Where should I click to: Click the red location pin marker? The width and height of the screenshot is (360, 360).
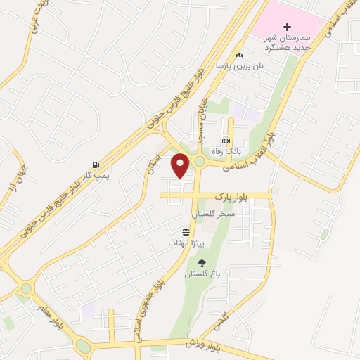[181, 165]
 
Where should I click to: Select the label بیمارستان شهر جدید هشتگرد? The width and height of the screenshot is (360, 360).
[287, 41]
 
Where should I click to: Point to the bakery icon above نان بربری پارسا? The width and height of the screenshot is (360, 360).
[239, 55]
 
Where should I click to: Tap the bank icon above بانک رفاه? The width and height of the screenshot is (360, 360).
[226, 141]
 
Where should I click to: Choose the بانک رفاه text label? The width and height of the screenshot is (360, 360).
[226, 151]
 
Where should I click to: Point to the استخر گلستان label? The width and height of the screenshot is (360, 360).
[215, 212]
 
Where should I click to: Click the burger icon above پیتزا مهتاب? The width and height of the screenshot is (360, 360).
[186, 231]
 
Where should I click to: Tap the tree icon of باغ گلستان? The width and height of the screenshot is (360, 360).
[202, 263]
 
